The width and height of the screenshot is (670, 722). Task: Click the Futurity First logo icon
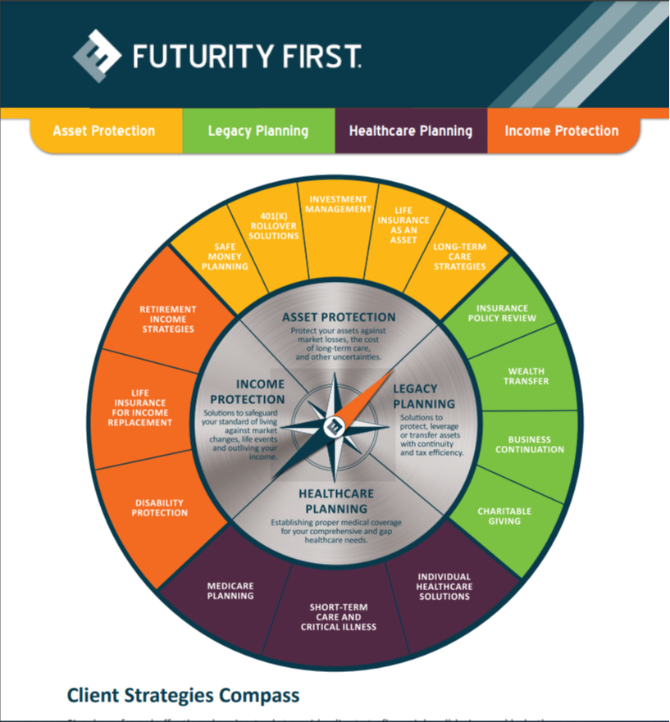tap(97, 56)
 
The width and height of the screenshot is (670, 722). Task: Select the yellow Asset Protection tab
tap(104, 131)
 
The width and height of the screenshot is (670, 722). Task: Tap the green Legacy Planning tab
tap(258, 131)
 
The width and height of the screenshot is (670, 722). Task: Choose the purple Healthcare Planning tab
tap(411, 131)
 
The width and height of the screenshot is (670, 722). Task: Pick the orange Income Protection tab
tap(562, 131)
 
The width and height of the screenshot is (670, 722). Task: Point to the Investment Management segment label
tap(338, 204)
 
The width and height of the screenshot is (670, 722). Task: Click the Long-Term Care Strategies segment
tap(459, 257)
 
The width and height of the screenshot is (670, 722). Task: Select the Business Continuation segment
tap(530, 444)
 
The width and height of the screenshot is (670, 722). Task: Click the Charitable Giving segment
tap(504, 516)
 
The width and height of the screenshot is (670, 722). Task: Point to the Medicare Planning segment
tap(230, 591)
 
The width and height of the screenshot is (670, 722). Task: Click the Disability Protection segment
tap(161, 508)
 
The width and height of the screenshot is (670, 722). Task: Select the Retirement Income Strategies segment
tap(167, 319)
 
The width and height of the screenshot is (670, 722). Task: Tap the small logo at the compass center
tap(335, 425)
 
